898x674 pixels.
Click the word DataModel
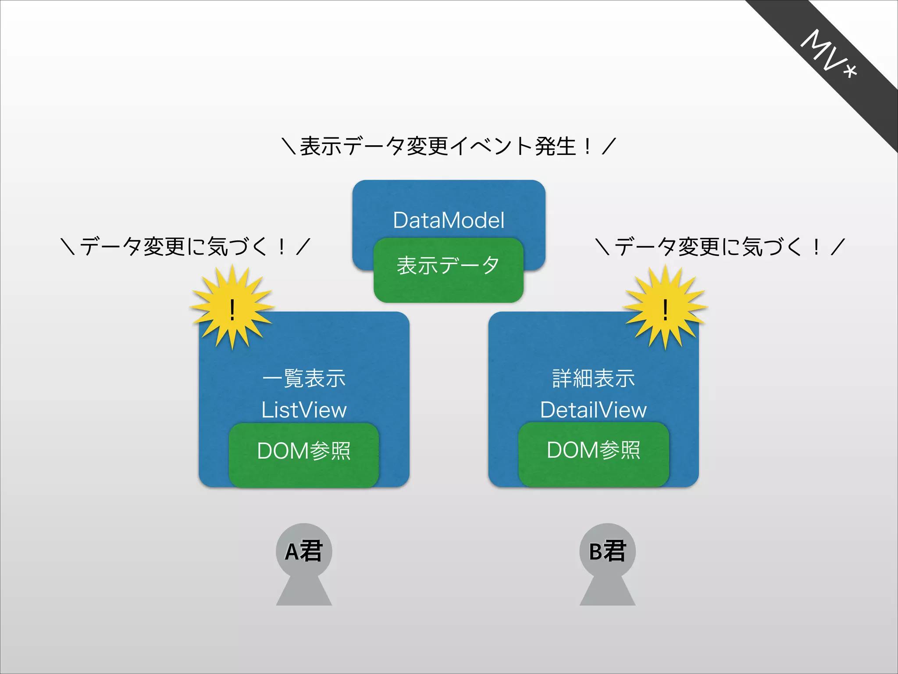click(449, 220)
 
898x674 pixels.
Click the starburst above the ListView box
click(232, 307)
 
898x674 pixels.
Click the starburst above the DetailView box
click(665, 307)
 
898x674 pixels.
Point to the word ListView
click(304, 410)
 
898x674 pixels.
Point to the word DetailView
click(593, 410)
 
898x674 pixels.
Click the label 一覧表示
click(304, 378)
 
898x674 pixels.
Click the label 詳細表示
click(593, 378)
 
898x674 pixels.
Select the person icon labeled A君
click(303, 552)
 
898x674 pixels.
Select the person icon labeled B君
click(607, 552)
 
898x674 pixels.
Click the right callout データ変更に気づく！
click(720, 246)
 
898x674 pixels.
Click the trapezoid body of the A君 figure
click(304, 592)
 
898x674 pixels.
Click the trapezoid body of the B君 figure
click(607, 592)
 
